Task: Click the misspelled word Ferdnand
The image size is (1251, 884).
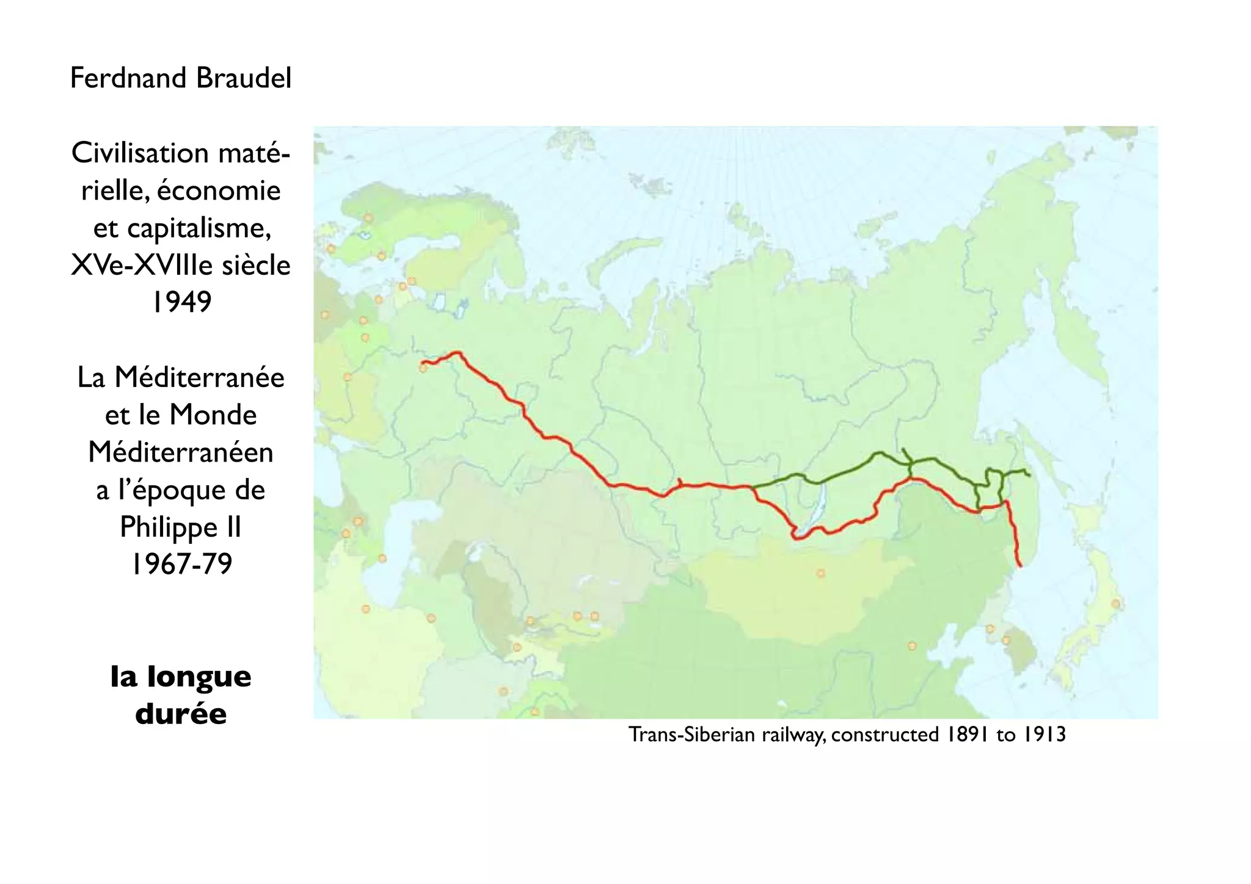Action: coord(128,78)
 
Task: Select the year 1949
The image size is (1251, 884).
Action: coord(181,302)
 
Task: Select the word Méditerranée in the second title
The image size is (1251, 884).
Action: coord(199,377)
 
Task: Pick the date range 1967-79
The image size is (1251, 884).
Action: coord(182,564)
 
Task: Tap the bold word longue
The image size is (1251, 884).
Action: coord(199,676)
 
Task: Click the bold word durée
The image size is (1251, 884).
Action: coord(181,714)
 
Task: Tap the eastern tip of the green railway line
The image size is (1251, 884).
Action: coord(1030,475)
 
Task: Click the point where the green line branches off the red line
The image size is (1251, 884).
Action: coord(752,487)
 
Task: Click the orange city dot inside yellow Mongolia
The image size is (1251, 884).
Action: coord(820,573)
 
